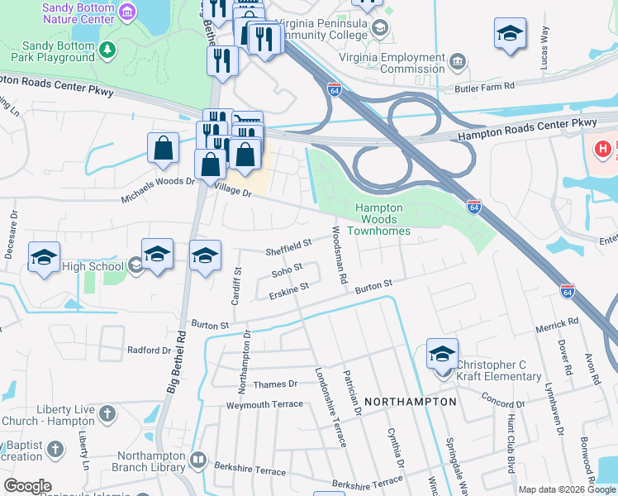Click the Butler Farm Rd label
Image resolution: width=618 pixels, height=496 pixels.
(x=484, y=86)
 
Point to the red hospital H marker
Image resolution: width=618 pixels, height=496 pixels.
(x=604, y=150)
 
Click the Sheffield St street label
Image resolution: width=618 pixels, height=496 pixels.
(x=288, y=245)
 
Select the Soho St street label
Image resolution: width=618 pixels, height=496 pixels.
(x=288, y=269)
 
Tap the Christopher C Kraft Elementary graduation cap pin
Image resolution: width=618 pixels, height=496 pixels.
(x=442, y=354)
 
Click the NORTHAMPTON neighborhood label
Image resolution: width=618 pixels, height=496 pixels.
(x=410, y=402)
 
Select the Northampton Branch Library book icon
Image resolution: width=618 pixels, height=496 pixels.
(x=197, y=459)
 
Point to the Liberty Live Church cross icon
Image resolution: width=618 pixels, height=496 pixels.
(x=107, y=413)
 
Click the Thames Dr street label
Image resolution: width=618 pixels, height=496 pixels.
(x=276, y=384)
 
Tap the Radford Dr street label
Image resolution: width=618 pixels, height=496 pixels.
(x=148, y=351)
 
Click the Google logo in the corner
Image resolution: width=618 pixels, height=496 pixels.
(x=27, y=486)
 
